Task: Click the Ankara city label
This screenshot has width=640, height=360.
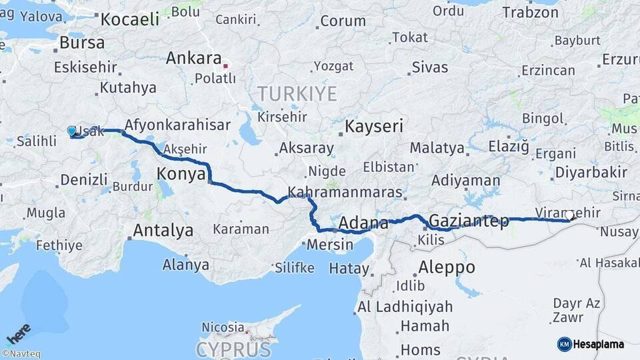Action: click(193, 58)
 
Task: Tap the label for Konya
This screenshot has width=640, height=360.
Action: click(180, 175)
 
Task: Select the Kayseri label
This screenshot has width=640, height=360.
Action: click(374, 126)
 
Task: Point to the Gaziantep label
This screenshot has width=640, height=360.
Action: click(469, 220)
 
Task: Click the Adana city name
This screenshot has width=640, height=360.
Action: click(363, 223)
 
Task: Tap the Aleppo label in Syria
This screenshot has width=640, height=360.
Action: click(447, 267)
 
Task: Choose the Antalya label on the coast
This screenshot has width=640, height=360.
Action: click(163, 231)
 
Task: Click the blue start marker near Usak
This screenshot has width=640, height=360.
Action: click(72, 131)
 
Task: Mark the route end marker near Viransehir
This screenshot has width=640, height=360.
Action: click(570, 215)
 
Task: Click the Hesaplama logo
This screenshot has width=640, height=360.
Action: click(591, 344)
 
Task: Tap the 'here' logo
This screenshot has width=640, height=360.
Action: click(18, 333)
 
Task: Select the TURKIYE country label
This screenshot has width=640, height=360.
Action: click(297, 93)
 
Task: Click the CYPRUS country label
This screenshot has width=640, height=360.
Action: click(233, 349)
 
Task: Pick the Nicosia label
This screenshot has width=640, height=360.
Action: click(223, 327)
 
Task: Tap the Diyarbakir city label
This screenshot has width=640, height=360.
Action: click(590, 173)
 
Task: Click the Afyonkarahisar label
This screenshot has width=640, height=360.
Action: click(177, 125)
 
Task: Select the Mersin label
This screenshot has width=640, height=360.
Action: click(330, 245)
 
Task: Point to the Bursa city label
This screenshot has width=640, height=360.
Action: click(82, 43)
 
